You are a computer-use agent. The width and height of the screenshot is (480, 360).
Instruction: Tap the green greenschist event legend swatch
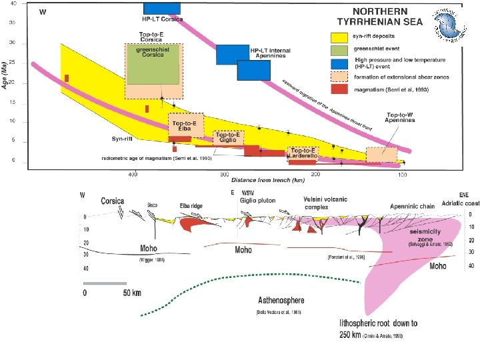(x=339, y=50)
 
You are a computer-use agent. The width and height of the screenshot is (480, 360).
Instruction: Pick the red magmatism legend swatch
(x=339, y=89)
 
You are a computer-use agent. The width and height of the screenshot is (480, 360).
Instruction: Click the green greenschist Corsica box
(x=153, y=64)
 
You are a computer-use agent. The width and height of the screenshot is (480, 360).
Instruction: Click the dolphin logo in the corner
(x=447, y=25)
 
